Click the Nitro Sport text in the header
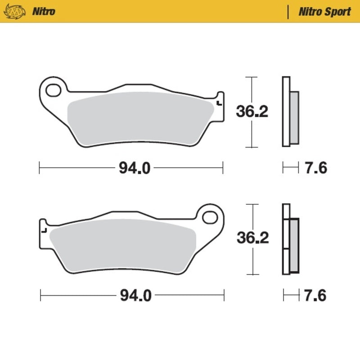click(324, 11)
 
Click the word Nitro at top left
click(44, 11)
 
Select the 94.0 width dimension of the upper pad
click(131, 168)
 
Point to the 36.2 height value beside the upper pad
click(252, 112)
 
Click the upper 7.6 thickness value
click(315, 168)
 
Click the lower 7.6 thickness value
click(315, 296)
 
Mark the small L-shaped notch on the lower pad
click(44, 230)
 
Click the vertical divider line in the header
click(288, 11)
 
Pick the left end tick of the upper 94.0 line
click(40, 168)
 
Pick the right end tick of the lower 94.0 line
click(224, 296)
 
